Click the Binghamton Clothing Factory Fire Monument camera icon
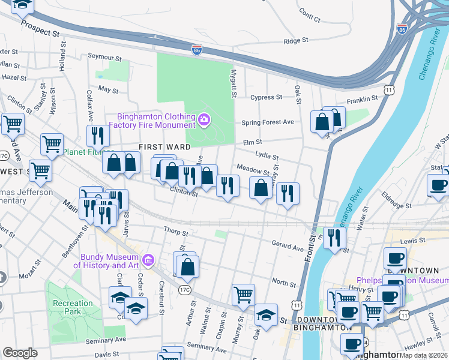pos(204,121)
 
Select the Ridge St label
pos(295,41)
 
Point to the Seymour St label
pos(104,57)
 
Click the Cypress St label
pos(267,97)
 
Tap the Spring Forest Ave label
pos(267,122)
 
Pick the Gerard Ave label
pos(288,247)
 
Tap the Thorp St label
pos(176,231)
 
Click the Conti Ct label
pos(310,16)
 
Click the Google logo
pos(20,353)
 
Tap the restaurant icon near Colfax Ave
pos(96,137)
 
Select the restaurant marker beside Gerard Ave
pos(334,238)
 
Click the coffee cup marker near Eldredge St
pos(438,185)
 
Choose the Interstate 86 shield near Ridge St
pos(196,50)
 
